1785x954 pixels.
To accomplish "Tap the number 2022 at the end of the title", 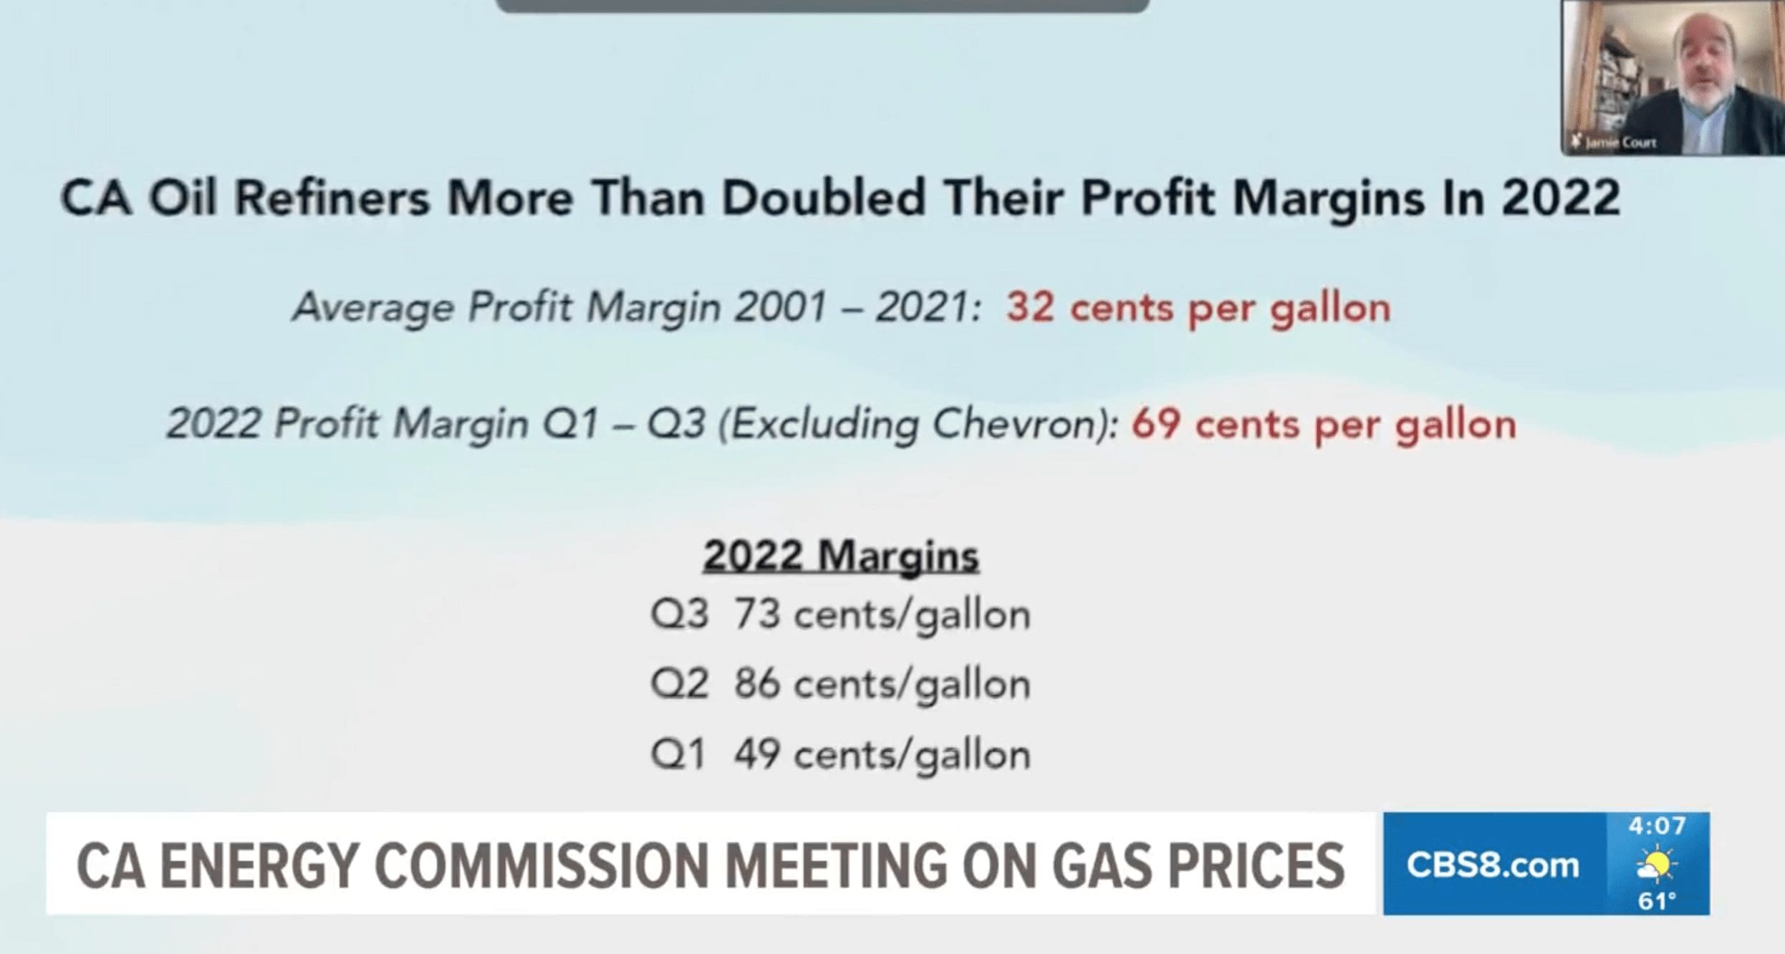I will [1561, 197].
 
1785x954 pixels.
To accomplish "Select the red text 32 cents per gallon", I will [1198, 308].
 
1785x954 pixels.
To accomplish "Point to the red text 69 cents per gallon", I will [1324, 424].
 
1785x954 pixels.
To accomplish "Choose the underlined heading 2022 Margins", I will [840, 556].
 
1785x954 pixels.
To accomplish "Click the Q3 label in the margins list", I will [679, 615].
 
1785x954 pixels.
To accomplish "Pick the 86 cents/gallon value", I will [882, 683].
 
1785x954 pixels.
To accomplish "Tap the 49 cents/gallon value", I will [882, 753].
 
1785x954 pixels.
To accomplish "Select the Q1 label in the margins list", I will [678, 753].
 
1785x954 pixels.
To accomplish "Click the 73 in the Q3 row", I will [756, 615].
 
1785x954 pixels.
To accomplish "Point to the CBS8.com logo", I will [1493, 865].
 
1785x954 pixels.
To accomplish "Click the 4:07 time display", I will [1657, 826].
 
